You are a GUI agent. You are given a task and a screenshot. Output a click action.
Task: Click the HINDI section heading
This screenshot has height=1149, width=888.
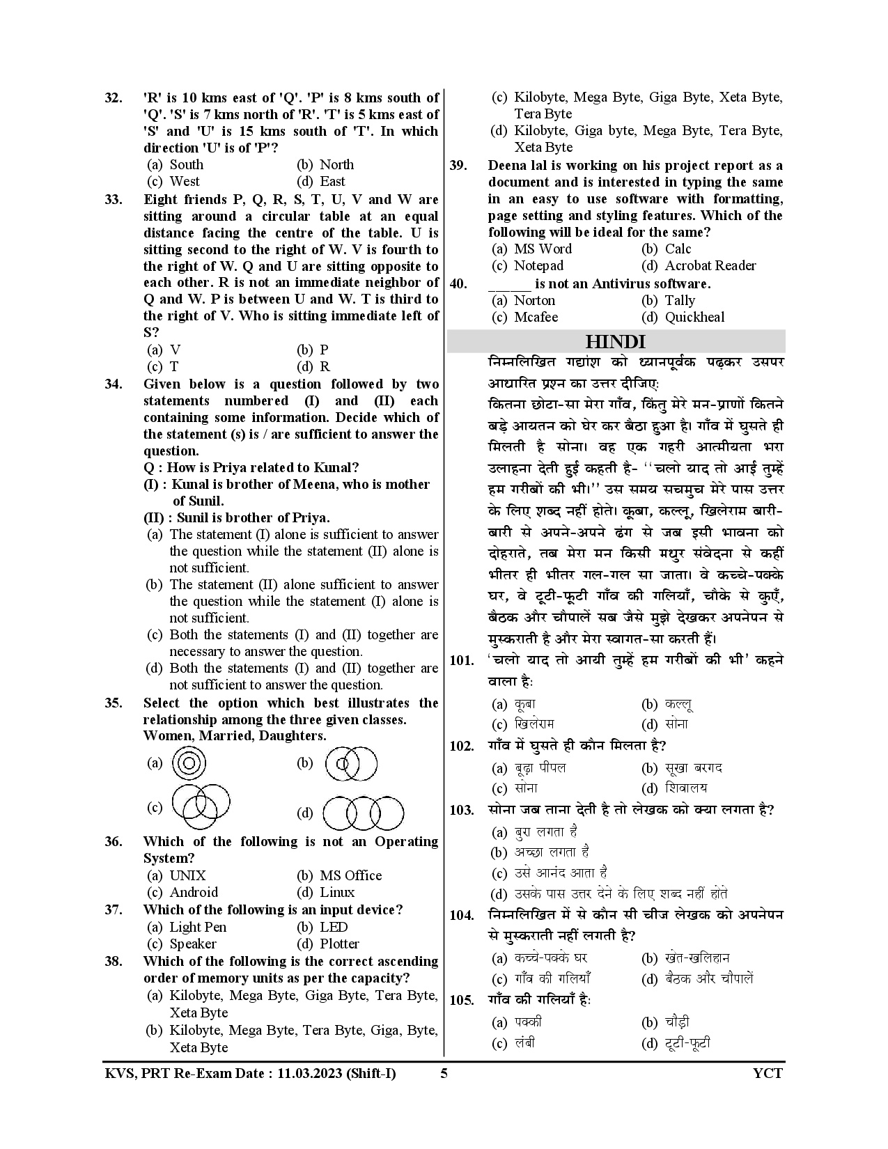615,342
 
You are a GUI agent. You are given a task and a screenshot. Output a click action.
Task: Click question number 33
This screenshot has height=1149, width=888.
114,199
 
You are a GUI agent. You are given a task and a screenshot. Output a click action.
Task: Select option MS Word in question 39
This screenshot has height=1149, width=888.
543,249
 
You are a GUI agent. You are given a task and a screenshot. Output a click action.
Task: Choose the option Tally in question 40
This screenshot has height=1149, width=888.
679,300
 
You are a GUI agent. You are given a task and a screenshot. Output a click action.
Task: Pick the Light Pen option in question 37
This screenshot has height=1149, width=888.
198,927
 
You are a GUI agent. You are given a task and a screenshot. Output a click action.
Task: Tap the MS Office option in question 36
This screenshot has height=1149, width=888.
350,875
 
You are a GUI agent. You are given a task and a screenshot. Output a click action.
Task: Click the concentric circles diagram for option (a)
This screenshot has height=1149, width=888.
186,763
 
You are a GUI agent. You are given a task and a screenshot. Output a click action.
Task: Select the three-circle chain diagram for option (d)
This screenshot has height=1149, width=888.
364,813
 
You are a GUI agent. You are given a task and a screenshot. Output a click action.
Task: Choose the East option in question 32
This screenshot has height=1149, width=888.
332,181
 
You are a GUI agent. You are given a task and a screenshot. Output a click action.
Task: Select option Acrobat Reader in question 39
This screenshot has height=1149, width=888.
710,265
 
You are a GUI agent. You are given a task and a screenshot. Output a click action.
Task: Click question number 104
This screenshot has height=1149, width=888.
462,915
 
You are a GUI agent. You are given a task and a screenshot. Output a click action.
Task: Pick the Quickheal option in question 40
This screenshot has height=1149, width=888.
694,317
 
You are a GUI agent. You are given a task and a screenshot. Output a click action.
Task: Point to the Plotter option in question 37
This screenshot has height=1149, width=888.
339,944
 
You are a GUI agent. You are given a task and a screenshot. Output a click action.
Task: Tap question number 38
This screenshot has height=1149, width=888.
114,961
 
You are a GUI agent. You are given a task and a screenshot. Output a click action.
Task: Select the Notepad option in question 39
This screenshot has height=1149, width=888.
538,265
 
